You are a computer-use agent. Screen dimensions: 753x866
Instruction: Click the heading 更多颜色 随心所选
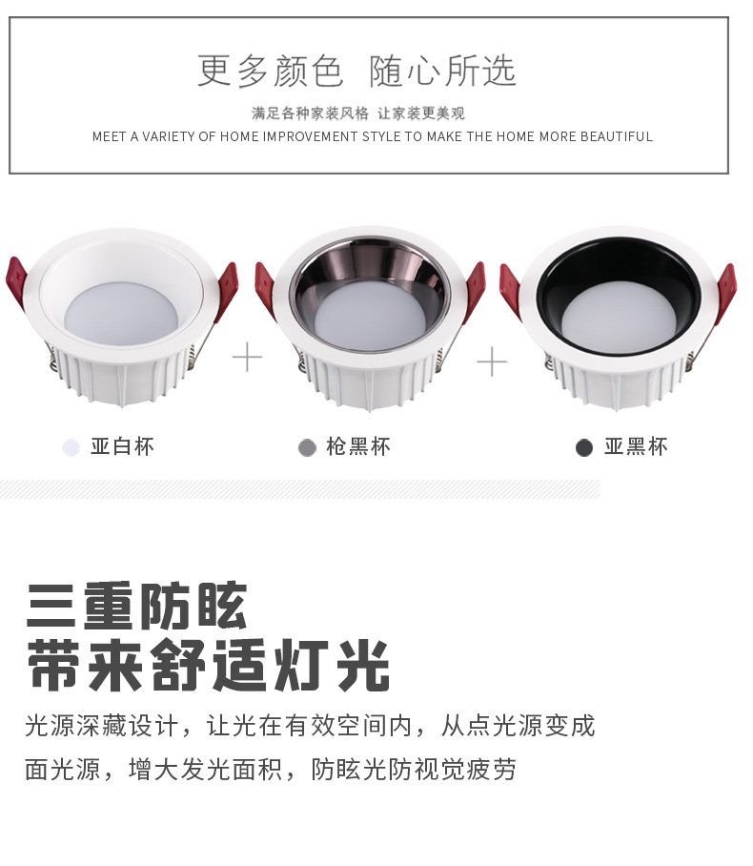356,71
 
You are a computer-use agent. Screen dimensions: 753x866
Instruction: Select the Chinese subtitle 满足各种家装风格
310,113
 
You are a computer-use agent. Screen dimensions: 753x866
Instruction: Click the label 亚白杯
123,446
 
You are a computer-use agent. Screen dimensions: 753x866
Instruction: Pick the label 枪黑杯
358,446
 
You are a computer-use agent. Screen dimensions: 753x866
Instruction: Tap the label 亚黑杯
636,446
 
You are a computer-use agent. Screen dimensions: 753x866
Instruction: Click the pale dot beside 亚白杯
71,447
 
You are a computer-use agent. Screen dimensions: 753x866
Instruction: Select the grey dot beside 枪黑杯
307,447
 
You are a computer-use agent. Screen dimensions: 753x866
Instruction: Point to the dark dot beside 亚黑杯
584,447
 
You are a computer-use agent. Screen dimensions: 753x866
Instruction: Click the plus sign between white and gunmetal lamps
247,358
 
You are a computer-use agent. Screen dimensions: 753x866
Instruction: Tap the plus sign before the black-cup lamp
492,361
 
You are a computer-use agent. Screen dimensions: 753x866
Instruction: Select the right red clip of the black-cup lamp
726,293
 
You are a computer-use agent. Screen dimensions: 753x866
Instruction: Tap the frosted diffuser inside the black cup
619,317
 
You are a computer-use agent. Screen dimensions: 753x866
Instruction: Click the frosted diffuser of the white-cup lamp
121,313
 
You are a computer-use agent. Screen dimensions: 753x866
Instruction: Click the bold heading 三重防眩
136,606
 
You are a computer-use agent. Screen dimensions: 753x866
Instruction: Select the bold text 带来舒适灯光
208,665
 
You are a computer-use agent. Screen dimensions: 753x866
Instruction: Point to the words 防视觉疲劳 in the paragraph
452,770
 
